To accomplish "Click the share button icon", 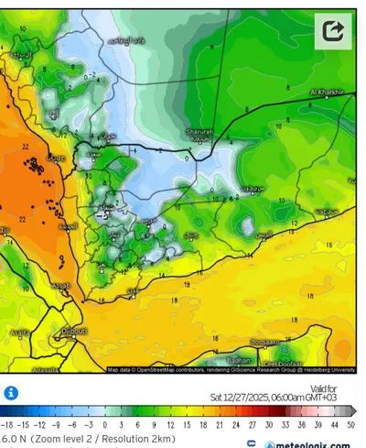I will click(x=334, y=31).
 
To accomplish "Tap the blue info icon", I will click(x=11, y=392).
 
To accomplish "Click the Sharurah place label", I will click(x=199, y=132).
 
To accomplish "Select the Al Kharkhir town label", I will click(x=326, y=92).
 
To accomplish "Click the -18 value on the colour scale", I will click(x=8, y=426).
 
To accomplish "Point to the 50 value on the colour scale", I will click(x=350, y=426).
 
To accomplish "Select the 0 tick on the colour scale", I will click(x=105, y=426).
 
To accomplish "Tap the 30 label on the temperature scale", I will click(x=268, y=426).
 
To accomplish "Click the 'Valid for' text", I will click(x=337, y=389).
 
